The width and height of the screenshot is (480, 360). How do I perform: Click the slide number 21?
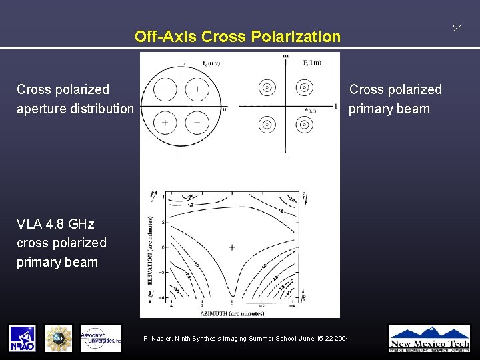point(457,28)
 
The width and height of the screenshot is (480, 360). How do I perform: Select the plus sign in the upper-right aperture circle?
point(197,89)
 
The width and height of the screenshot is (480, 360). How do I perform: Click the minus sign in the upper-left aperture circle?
point(164,89)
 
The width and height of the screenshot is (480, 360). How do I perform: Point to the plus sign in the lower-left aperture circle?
point(164,123)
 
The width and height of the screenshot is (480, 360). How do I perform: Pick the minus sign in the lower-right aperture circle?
point(197,123)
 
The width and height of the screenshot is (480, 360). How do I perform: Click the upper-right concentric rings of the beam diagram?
point(304,87)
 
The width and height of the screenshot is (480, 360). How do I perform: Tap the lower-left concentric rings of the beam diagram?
point(267,124)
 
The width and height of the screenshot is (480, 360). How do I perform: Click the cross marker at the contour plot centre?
point(232,247)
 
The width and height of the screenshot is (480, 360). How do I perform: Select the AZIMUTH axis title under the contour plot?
point(221,312)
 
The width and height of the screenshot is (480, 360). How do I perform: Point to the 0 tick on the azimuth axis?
point(232,305)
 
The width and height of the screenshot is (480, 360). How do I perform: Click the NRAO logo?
point(22,338)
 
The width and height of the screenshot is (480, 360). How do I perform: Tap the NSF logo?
point(58,338)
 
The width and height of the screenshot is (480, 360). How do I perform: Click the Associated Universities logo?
point(101,338)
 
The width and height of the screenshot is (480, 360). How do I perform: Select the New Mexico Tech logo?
point(429,338)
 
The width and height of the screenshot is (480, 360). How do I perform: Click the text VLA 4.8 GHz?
point(55,223)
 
